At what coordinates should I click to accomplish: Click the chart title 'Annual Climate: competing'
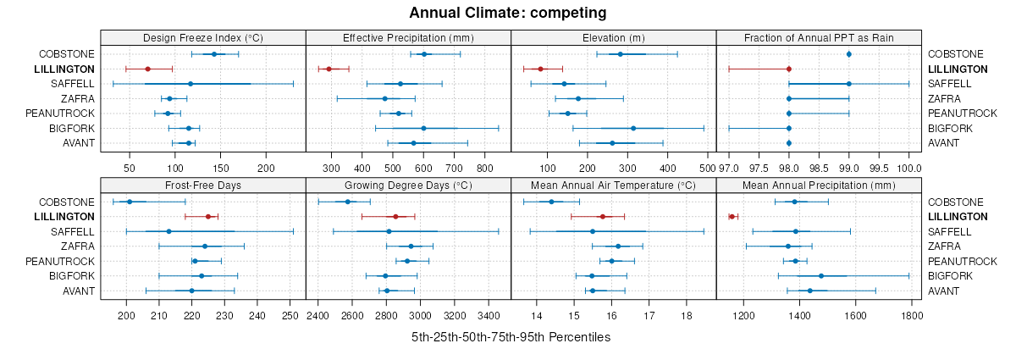(507, 13)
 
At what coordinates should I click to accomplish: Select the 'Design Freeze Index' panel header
(203, 37)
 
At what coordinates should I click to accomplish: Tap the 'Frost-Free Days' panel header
(203, 185)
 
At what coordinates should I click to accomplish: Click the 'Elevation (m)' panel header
(614, 37)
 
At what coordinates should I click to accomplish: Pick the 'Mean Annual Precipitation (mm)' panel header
(819, 185)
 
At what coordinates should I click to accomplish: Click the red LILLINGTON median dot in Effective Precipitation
(329, 69)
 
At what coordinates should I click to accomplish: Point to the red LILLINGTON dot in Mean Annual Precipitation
(732, 217)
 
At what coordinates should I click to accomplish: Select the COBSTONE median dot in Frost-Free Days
(130, 202)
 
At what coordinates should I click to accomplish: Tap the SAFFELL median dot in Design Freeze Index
(190, 84)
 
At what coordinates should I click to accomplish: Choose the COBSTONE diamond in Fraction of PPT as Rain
(848, 54)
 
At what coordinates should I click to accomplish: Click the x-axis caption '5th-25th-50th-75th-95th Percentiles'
(511, 337)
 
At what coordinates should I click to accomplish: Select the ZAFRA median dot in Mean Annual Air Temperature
(618, 246)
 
